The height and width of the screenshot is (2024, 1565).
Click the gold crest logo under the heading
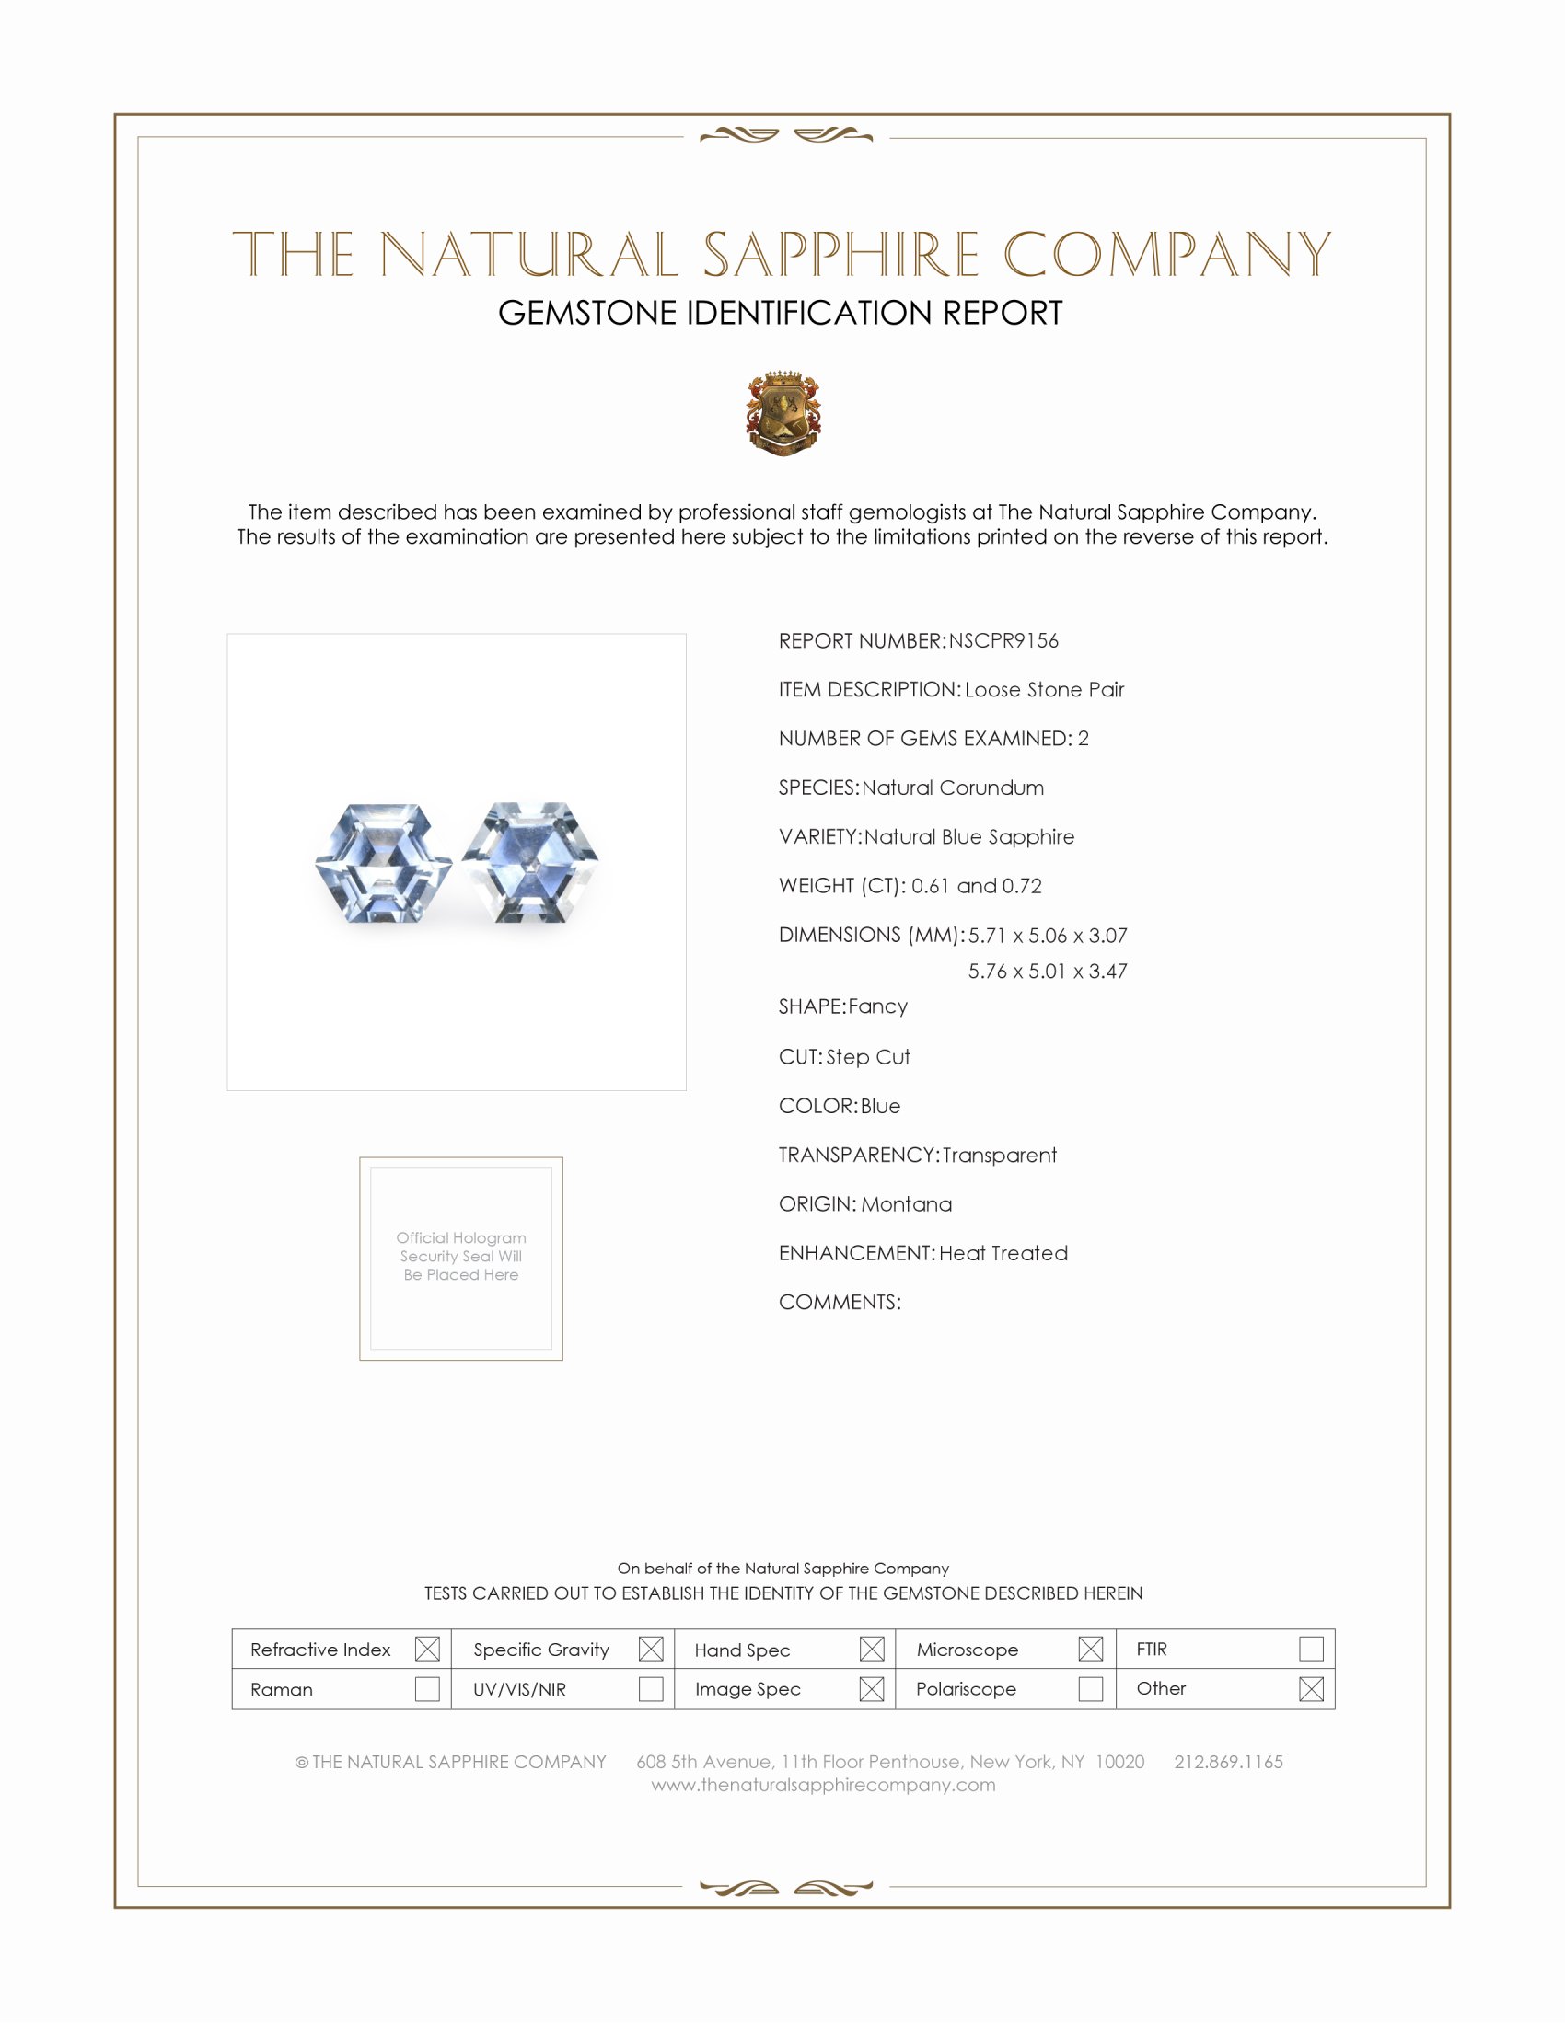coord(783,413)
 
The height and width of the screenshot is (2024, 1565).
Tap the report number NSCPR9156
coord(1003,640)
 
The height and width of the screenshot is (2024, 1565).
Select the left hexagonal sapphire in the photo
coord(383,863)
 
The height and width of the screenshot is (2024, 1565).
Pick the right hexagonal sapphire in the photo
coord(530,862)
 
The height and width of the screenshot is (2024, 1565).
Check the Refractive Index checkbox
coord(427,1649)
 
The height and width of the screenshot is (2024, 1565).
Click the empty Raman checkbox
coord(427,1688)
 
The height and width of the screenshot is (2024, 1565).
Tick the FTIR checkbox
coord(1311,1649)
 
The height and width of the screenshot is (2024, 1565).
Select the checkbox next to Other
coord(1311,1688)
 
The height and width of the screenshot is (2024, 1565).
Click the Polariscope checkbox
coord(1090,1688)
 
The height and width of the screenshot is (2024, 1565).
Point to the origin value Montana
coord(906,1204)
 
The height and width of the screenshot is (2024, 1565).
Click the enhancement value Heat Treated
coord(1003,1253)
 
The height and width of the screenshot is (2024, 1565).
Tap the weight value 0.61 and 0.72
coord(976,886)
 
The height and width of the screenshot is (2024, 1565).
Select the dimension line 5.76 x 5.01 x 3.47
coord(1048,972)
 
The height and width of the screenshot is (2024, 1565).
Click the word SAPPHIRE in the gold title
coord(840,255)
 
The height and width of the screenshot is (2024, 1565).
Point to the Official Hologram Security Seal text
coord(461,1256)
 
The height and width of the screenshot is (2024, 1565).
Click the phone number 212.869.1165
coord(1228,1762)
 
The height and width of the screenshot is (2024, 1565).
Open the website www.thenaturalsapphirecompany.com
coord(823,1785)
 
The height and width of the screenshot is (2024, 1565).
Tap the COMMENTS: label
coord(840,1302)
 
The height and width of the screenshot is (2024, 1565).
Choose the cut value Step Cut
coord(868,1057)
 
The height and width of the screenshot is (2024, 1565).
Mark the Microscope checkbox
coord(1090,1649)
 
